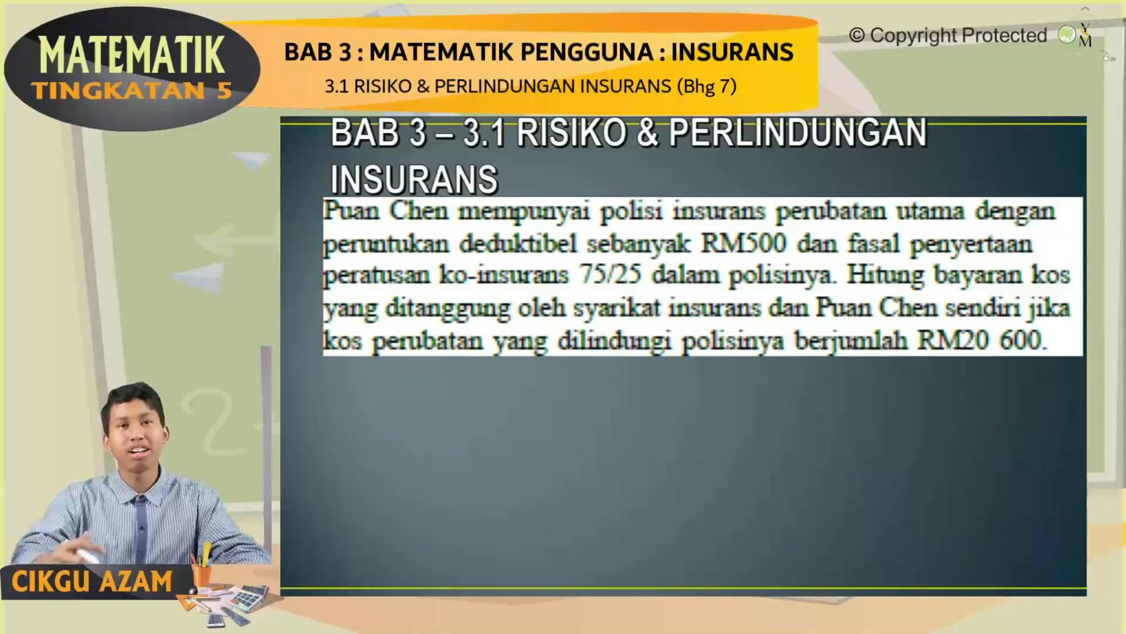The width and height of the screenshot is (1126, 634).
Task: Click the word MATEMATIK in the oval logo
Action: click(131, 55)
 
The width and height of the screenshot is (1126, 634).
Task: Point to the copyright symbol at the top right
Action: click(856, 36)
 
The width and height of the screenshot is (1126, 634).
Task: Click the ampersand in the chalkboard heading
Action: click(647, 133)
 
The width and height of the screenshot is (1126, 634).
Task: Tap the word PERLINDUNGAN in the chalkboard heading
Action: click(798, 133)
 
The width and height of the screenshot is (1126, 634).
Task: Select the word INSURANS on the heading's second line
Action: click(413, 180)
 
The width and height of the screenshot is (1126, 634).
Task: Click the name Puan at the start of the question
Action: click(351, 211)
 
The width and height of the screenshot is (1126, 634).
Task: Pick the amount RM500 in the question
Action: click(743, 243)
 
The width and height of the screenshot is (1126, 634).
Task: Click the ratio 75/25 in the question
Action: click(610, 275)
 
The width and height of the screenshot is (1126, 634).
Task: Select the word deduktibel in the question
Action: click(518, 243)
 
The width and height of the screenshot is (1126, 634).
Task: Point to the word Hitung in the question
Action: click(885, 275)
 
